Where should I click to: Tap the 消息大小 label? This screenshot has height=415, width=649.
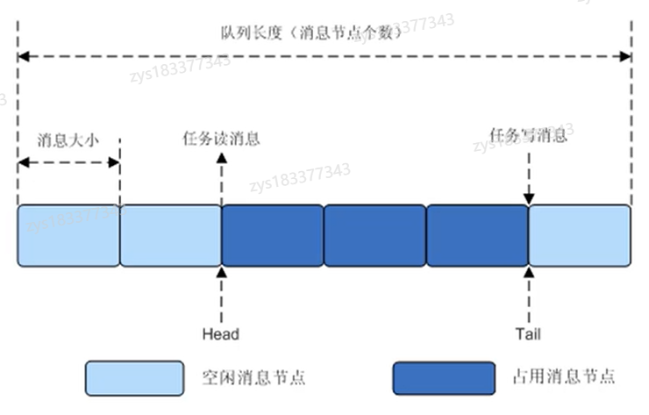(68, 140)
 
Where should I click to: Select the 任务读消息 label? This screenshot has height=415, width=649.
(221, 139)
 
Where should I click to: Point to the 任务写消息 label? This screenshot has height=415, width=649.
(529, 136)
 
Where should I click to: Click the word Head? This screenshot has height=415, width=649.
(220, 334)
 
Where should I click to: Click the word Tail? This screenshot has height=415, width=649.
(530, 334)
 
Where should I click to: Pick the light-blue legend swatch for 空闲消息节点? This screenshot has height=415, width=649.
(134, 377)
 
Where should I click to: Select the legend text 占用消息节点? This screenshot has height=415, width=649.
(562, 378)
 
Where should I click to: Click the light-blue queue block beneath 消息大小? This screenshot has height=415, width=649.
(68, 235)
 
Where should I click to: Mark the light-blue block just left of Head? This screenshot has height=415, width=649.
(170, 235)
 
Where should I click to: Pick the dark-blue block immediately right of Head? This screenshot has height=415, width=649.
(272, 235)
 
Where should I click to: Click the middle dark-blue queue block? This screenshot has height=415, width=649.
(374, 235)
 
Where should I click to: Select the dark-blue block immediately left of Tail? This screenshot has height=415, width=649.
(477, 235)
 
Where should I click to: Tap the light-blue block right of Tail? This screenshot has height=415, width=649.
(580, 235)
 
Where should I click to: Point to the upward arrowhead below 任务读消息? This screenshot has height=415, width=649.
(221, 157)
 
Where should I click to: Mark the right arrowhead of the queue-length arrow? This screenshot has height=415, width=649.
(625, 57)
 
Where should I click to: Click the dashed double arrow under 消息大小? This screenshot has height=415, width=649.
(68, 162)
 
